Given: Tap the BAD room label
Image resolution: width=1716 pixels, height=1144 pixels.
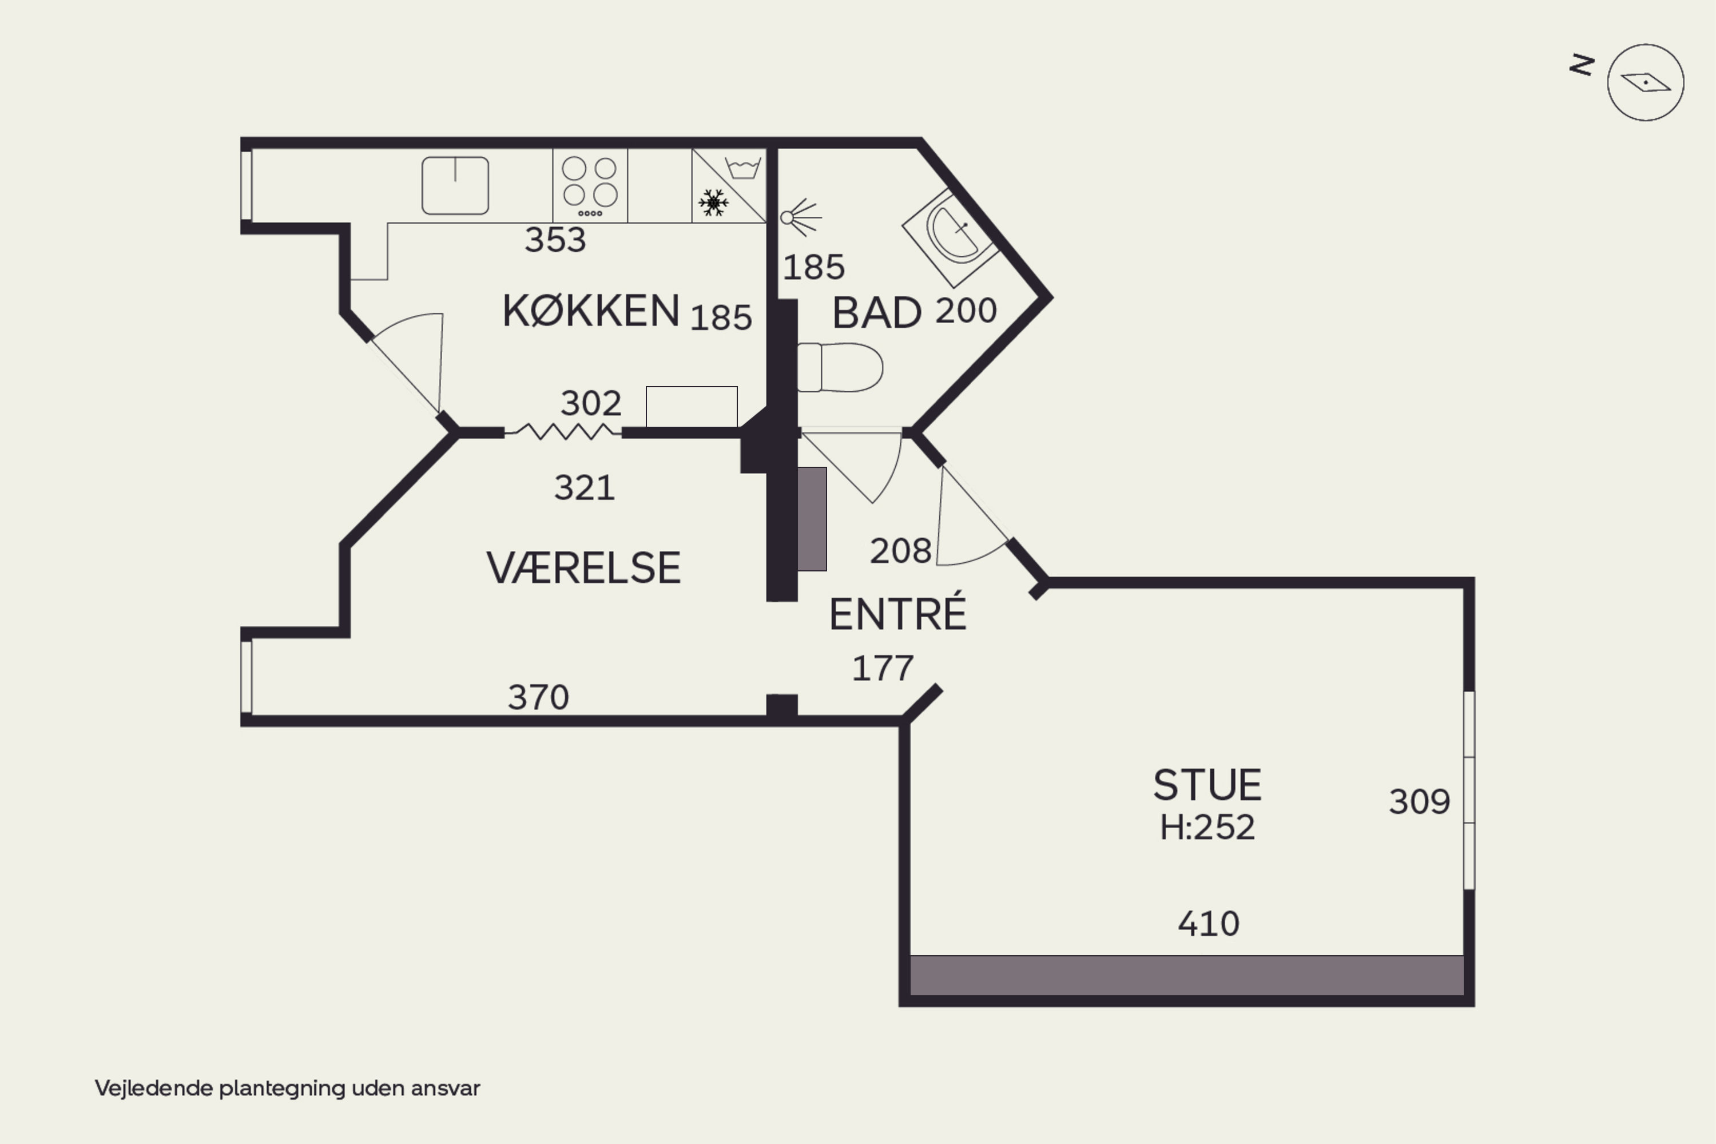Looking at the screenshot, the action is pyautogui.click(x=877, y=313).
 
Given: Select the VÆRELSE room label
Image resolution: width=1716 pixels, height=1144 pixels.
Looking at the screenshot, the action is pyautogui.click(x=583, y=569).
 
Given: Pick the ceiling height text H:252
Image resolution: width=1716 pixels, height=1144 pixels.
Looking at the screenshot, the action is pyautogui.click(x=1207, y=827).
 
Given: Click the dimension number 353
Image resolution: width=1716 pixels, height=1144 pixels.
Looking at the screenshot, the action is pyautogui.click(x=555, y=240).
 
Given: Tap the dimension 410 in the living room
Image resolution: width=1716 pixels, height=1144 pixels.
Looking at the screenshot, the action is pyautogui.click(x=1208, y=924).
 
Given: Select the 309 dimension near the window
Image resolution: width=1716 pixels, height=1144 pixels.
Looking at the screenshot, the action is pyautogui.click(x=1419, y=802).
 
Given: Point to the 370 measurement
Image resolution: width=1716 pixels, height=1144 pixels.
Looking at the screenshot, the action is pyautogui.click(x=538, y=697).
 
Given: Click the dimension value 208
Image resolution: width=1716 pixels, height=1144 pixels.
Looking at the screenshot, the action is pyautogui.click(x=900, y=551).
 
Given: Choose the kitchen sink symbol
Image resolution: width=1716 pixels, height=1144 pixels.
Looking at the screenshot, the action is pyautogui.click(x=455, y=185).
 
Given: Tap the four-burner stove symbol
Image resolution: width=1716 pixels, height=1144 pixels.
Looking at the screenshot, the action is pyautogui.click(x=590, y=185).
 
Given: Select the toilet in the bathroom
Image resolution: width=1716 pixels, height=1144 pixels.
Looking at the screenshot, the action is pyautogui.click(x=840, y=367).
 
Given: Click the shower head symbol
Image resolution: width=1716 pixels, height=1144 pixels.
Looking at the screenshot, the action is pyautogui.click(x=800, y=217).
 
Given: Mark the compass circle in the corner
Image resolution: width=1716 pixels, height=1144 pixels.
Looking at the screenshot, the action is pyautogui.click(x=1645, y=82).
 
